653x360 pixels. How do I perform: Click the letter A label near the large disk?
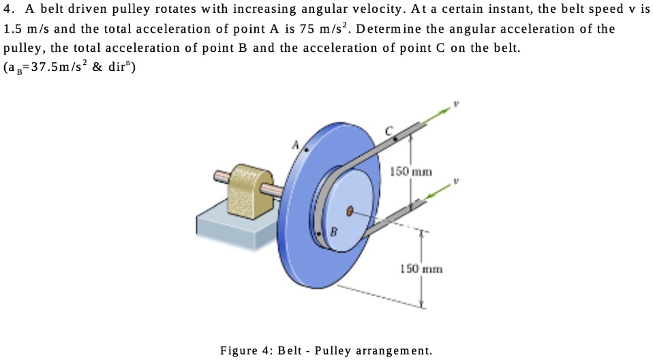296,145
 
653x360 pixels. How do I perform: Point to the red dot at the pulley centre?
350,212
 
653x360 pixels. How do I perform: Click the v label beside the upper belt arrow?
457,105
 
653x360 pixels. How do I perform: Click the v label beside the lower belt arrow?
458,183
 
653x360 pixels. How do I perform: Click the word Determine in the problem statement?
392,29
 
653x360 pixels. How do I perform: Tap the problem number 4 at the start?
7,10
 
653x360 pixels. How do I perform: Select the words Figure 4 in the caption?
245,350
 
